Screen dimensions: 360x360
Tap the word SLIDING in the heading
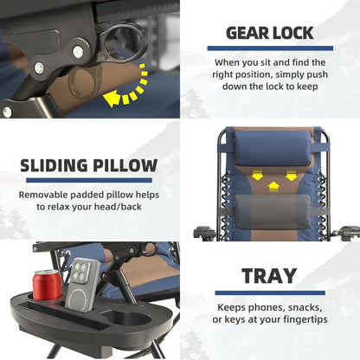(x=55, y=165)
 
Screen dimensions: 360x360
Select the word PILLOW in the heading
(x=125, y=165)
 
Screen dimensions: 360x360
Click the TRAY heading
(x=269, y=276)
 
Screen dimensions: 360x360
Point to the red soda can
(x=48, y=285)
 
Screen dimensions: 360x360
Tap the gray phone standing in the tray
(x=82, y=285)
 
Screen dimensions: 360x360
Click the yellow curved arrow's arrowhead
(x=111, y=98)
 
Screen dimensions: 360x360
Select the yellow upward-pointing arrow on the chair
(x=273, y=187)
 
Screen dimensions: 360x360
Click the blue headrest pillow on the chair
(x=273, y=148)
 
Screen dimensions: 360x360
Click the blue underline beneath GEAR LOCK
(x=270, y=48)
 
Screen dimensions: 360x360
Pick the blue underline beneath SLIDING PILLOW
(x=89, y=180)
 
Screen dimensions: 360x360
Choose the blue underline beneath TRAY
(x=270, y=292)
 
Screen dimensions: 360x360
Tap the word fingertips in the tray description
(x=305, y=320)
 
